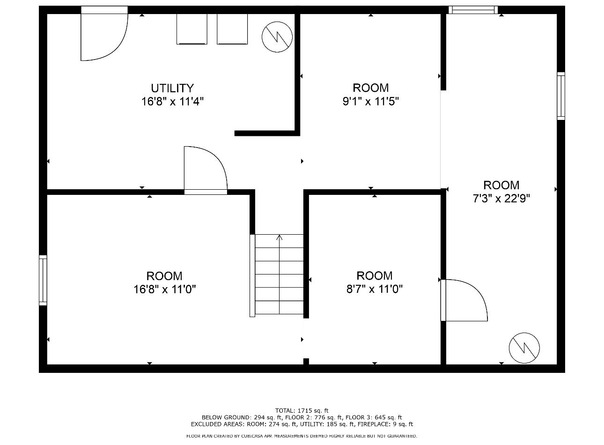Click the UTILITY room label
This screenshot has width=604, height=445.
172,88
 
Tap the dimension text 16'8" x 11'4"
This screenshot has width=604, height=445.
172,102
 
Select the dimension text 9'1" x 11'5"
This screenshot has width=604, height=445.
370,101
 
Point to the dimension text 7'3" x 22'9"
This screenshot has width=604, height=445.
501,199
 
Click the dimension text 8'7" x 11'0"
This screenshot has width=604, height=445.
374,289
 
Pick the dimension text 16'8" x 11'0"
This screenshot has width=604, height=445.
164,289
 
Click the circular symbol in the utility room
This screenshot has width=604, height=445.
277,37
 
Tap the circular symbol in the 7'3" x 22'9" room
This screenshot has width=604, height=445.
524,348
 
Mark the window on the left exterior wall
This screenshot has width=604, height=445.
43,280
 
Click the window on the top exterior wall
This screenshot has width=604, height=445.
473,10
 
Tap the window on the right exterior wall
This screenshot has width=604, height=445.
561,96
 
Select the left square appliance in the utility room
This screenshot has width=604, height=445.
192,29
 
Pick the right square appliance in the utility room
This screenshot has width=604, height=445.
232,29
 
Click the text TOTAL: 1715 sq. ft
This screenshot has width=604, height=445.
302,411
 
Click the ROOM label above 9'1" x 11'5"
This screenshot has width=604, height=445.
370,88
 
